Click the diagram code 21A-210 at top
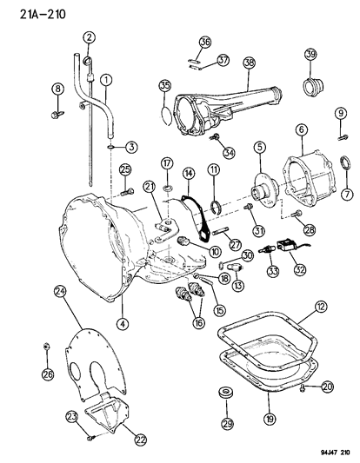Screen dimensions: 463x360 pyautogui.click(x=32, y=11)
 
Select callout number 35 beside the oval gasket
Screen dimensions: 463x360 pyautogui.click(x=164, y=85)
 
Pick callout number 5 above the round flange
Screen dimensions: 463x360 pyautogui.click(x=258, y=147)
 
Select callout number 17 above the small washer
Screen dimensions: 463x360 pyautogui.click(x=167, y=162)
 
